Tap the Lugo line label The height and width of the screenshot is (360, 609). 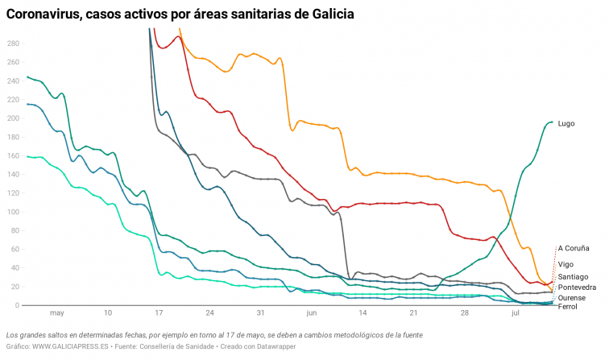[567, 123]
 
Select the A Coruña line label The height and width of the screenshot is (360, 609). [575, 248]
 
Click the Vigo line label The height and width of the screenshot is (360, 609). [565, 263]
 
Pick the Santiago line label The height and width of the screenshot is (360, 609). [574, 276]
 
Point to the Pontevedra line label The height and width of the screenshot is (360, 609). [577, 287]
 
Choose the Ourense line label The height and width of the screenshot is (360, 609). [572, 297]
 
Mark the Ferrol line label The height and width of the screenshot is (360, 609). [567, 306]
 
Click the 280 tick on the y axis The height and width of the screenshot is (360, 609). [12, 43]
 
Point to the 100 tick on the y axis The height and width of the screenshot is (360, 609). [12, 212]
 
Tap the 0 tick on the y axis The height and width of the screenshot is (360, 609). [15, 305]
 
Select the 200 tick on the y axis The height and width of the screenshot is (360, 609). [12, 118]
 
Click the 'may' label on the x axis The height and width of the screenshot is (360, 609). [56, 313]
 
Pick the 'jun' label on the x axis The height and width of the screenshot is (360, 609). [312, 313]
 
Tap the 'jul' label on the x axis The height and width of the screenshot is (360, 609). [516, 313]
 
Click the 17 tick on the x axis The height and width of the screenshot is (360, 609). [159, 313]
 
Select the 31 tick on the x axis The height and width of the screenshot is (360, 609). [260, 313]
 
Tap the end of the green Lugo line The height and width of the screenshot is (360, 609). [553, 122]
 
